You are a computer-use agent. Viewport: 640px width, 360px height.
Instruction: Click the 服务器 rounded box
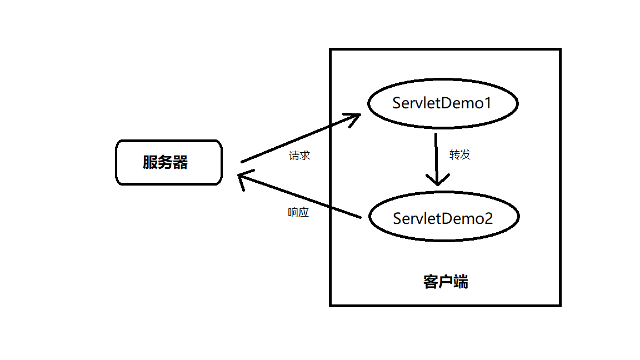click(x=169, y=162)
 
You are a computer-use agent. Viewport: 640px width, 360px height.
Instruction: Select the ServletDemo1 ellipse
click(x=443, y=103)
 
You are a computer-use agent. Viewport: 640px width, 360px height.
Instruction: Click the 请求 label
click(x=299, y=156)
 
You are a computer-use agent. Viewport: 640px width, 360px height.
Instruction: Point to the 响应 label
click(x=298, y=212)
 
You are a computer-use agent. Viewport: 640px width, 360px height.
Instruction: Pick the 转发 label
click(x=460, y=154)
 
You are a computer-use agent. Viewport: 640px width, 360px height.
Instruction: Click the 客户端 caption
click(x=446, y=282)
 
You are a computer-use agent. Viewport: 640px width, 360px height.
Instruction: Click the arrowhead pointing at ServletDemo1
click(x=356, y=117)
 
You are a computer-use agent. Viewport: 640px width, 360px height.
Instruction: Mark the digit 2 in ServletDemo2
click(x=488, y=218)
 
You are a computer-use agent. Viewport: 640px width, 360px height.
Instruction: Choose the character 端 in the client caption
click(x=461, y=282)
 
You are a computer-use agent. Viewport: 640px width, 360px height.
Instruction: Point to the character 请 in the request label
click(x=294, y=156)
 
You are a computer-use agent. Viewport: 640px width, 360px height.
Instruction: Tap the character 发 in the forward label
click(x=466, y=154)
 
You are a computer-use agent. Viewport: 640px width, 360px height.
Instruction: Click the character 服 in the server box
click(x=150, y=162)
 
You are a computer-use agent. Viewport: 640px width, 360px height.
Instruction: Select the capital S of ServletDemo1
click(x=397, y=103)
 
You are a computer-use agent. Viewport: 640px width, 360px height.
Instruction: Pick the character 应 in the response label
click(x=304, y=212)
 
